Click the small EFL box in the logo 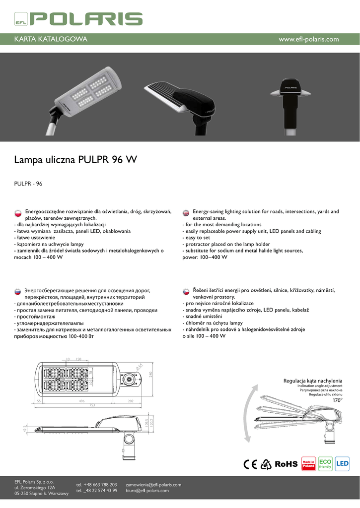click(21, 21)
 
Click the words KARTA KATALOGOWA click(51, 39)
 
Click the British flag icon click(186, 212)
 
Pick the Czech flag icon click(186, 291)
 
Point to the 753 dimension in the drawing click(92, 405)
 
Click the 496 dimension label click(82, 400)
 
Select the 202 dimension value click(131, 400)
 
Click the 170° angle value click(338, 400)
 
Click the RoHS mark click(286, 464)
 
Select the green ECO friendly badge click(325, 464)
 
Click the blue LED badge click(343, 464)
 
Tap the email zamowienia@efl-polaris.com click(153, 484)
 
